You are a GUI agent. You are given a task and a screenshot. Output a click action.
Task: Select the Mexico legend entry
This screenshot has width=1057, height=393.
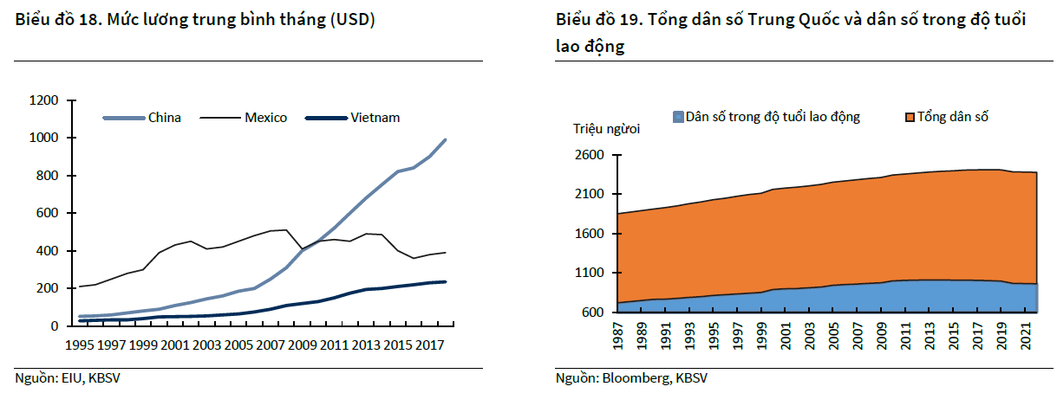point(265,118)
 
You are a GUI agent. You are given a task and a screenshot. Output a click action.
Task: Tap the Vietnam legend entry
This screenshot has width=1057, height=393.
point(375,118)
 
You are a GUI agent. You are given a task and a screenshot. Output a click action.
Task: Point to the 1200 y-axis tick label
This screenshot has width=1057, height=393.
point(43,100)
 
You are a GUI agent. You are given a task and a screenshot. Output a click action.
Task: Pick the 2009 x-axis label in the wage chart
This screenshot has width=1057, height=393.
point(302,345)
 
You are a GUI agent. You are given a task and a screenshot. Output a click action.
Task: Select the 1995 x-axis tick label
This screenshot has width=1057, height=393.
point(81,345)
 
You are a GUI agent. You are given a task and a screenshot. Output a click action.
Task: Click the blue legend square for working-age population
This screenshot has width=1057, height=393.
point(677,116)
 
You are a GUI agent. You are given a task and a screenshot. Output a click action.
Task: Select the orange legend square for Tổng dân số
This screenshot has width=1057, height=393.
point(910,116)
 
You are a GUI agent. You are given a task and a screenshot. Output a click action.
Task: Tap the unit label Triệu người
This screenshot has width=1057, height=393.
point(606,130)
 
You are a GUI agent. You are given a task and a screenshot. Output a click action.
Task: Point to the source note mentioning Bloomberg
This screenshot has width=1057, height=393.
point(631,378)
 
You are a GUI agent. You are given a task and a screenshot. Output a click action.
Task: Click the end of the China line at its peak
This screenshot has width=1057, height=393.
point(446,139)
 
